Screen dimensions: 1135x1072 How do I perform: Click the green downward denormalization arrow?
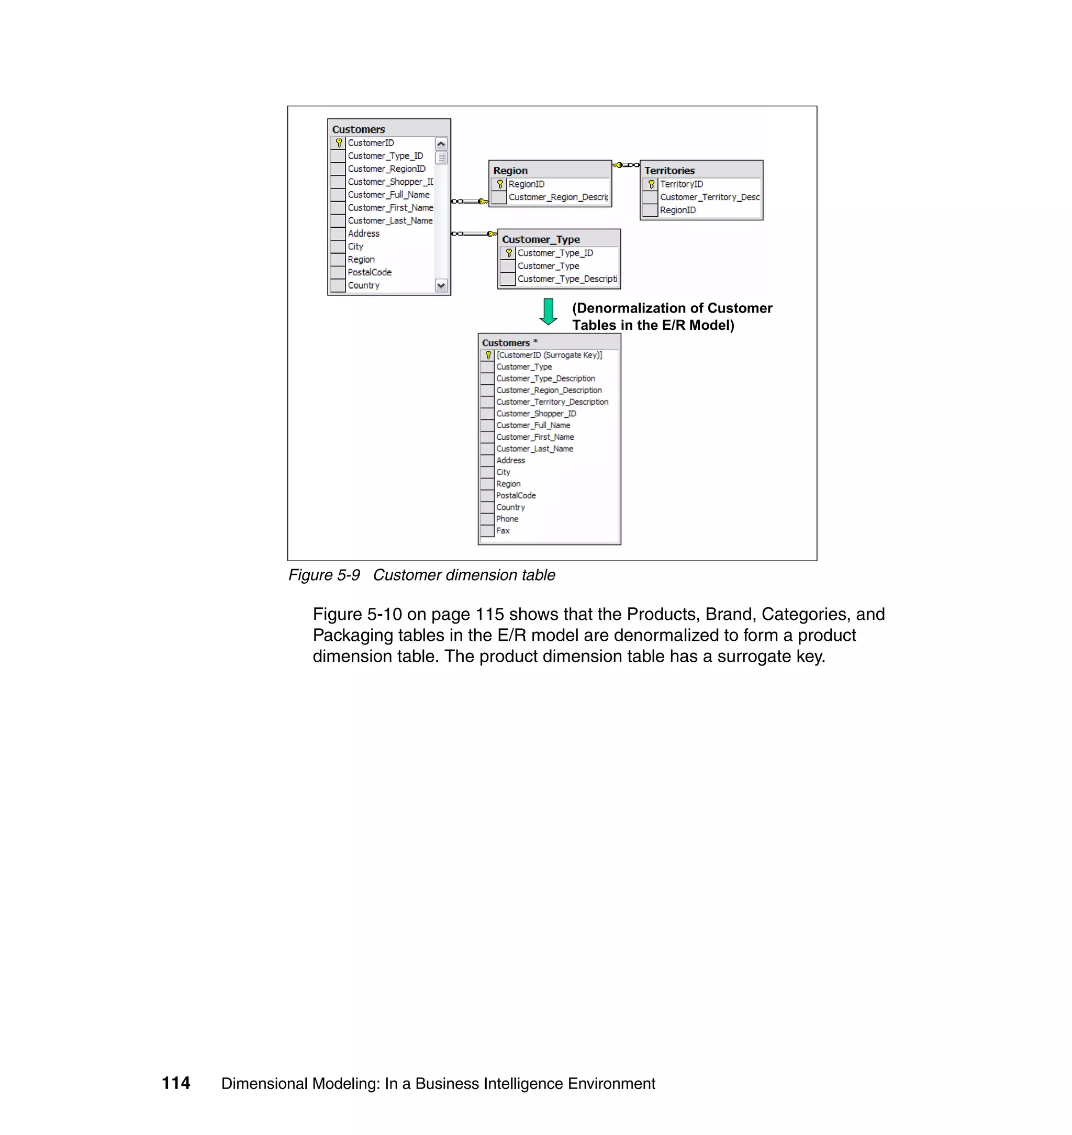548,311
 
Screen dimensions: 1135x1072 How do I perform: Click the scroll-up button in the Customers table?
441,143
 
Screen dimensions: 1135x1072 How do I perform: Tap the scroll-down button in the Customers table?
441,285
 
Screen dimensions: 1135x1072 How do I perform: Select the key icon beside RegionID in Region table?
500,184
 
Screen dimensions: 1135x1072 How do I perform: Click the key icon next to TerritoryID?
651,184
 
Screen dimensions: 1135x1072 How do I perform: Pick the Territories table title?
669,170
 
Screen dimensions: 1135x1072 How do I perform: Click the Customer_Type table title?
541,239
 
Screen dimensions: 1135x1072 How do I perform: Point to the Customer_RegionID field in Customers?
386,169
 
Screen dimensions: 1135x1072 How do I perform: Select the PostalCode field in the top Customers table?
370,272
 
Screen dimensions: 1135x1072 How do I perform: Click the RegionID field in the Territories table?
678,210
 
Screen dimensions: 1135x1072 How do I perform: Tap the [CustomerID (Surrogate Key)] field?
549,355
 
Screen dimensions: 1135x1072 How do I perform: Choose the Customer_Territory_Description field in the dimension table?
552,402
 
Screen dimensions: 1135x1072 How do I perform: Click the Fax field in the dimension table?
503,530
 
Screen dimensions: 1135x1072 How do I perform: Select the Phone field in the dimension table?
507,519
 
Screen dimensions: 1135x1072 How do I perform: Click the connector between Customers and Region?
470,201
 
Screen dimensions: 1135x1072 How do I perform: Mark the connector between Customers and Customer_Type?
474,233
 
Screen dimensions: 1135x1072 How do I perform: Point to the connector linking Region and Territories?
626,165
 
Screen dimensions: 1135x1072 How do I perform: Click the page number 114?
176,1083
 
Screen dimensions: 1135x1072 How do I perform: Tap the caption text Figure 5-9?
324,575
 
